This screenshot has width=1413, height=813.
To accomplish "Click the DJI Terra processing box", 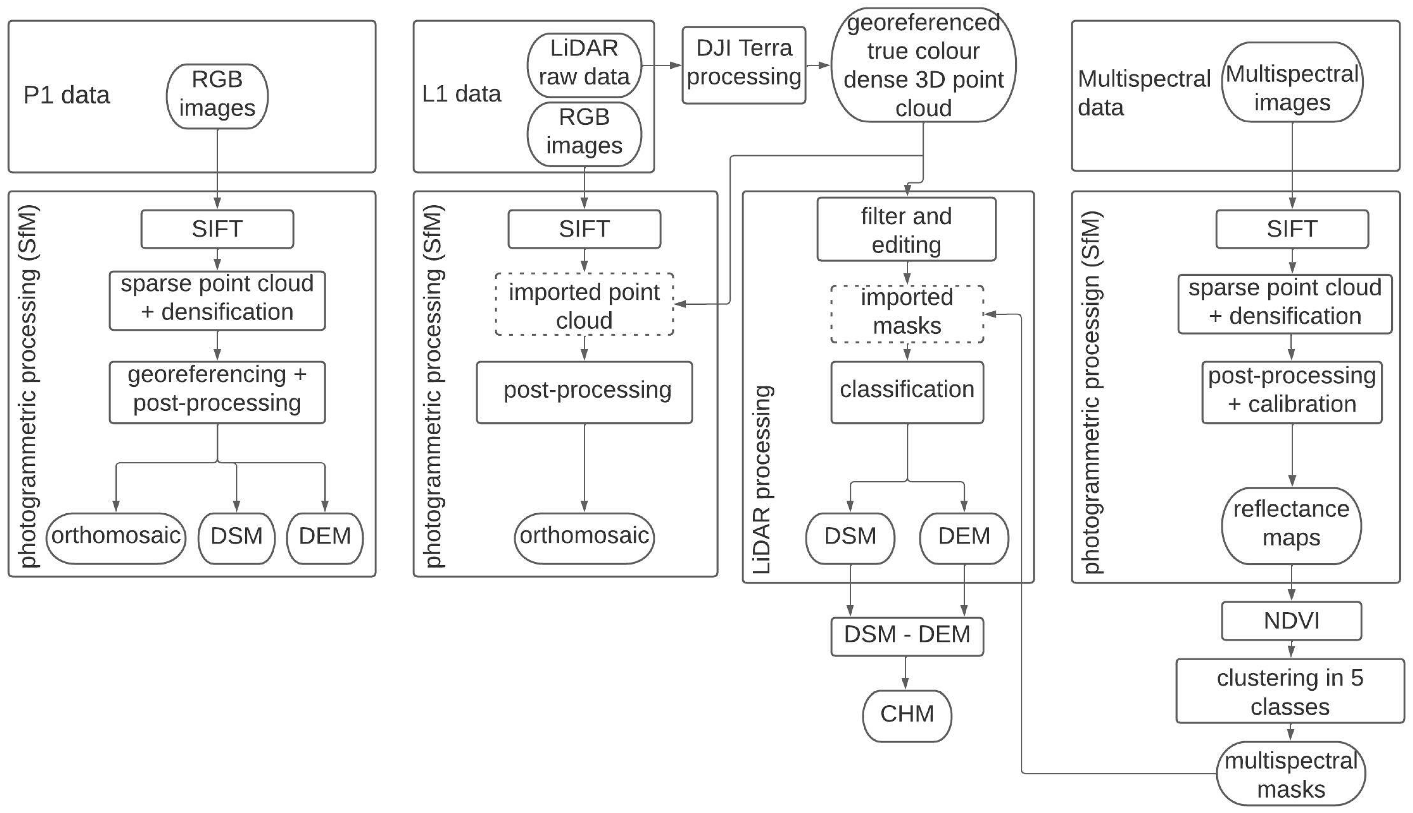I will pos(744,65).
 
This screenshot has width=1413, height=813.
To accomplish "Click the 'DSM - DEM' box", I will pos(907,636).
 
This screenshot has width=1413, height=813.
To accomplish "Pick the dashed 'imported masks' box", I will pos(907,313).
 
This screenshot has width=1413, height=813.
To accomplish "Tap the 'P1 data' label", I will pos(66,95).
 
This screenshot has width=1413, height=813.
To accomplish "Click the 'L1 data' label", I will pos(461,94).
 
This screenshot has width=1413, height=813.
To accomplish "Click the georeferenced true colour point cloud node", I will pos(923,65).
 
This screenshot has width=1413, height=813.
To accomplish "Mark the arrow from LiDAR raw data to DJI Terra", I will pos(662,65).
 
